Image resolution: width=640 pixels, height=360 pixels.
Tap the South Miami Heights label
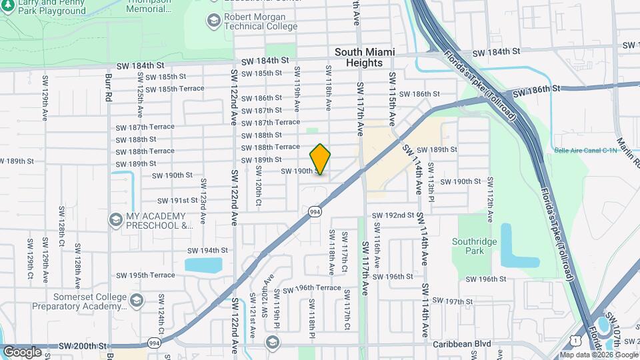click(x=365, y=57)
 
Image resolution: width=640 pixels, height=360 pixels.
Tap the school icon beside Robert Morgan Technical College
click(x=213, y=20)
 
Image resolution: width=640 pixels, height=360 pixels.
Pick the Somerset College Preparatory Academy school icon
click(x=137, y=301)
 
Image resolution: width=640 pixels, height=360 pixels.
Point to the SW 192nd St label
click(x=393, y=215)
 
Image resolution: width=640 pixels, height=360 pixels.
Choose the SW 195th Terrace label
click(x=145, y=275)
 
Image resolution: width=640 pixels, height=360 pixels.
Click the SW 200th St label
click(x=83, y=346)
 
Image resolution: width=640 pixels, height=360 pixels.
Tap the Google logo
click(x=22, y=351)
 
